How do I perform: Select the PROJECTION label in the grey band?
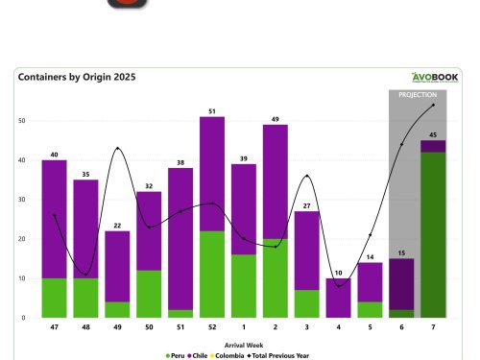[x=418, y=95]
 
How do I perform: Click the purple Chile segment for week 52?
[x=212, y=174]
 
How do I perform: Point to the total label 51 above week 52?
[x=212, y=110]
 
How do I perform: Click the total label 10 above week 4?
[x=338, y=272]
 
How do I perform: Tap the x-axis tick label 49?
[x=118, y=327]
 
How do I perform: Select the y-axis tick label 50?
[x=21, y=121]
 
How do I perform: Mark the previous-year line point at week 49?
[x=118, y=148]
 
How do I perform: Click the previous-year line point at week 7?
[x=433, y=105]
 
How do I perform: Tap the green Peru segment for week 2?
[x=275, y=277]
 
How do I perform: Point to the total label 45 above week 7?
[x=433, y=134]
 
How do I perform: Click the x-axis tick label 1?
[x=244, y=327]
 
